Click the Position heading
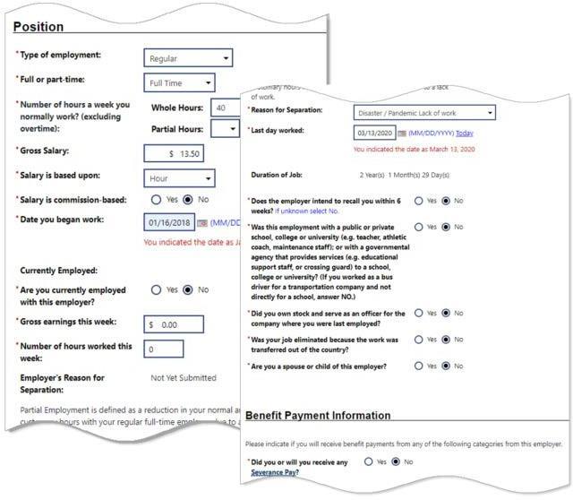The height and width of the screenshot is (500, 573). click(38, 28)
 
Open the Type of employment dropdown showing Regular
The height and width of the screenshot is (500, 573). click(188, 58)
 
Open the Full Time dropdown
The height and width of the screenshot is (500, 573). click(179, 83)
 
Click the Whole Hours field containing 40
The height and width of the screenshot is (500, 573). click(225, 108)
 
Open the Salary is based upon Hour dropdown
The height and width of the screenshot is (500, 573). click(179, 178)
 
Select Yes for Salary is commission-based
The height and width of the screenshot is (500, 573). click(157, 200)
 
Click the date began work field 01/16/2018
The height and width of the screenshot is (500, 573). click(167, 222)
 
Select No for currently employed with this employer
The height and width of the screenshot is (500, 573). click(187, 290)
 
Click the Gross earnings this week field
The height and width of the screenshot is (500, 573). click(184, 324)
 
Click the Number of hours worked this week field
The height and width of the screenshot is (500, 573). click(163, 349)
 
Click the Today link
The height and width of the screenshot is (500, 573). click(465, 134)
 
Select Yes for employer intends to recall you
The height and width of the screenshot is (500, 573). click(419, 202)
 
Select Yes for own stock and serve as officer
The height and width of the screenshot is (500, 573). click(419, 314)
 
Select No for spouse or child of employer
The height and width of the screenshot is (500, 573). click(445, 366)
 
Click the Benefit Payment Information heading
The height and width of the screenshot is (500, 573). click(318, 416)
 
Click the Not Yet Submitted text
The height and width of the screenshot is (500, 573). click(183, 378)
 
